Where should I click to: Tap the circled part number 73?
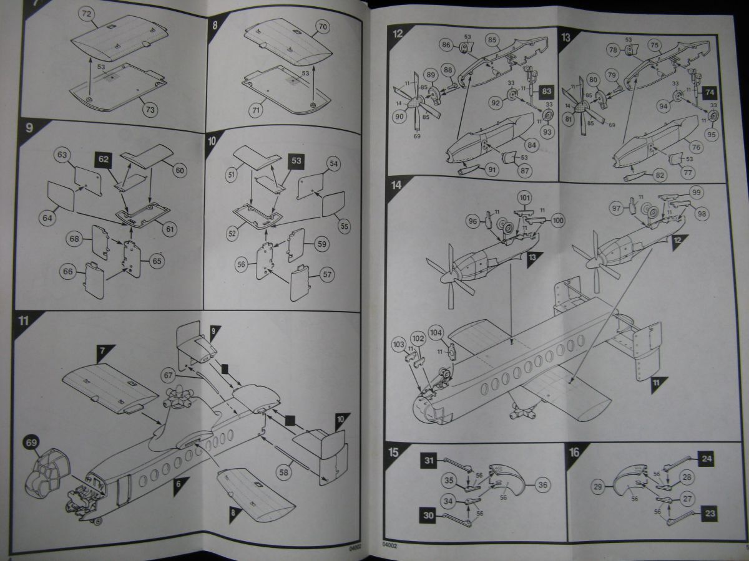coord(150,110)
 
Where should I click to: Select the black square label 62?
coord(104,159)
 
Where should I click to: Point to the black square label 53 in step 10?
coord(296,161)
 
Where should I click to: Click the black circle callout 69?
coord(31,443)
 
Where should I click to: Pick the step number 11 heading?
coord(23,322)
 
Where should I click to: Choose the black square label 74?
coord(710,92)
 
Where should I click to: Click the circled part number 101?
coord(524,199)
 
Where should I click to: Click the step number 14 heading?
coord(396,185)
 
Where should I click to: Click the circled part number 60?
coord(180,169)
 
